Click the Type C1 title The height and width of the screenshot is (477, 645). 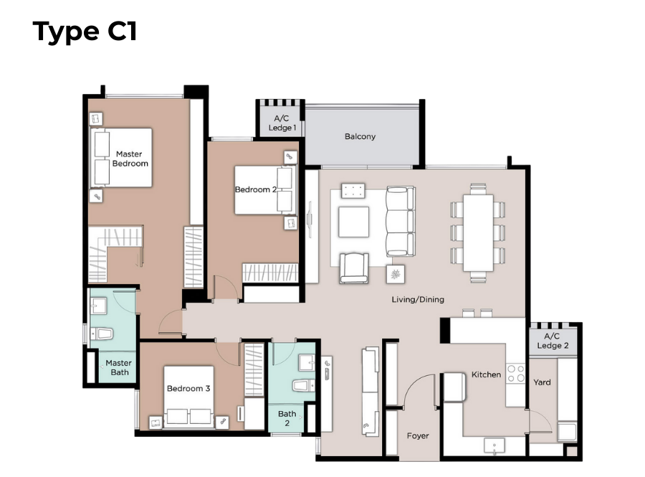coord(85,32)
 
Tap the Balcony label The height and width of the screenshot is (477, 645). coord(360,136)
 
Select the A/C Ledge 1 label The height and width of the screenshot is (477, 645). coord(282,123)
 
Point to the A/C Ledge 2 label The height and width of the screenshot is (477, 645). coord(553,341)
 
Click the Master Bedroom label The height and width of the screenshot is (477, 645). coord(130,159)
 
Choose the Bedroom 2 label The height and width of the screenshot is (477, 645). coord(255,189)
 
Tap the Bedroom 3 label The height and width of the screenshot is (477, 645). coord(188,388)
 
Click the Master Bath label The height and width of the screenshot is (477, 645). coord(119,367)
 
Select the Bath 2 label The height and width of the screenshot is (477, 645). coord(287,418)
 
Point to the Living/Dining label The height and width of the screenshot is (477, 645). coord(418,299)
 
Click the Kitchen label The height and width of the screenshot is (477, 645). coord(486,374)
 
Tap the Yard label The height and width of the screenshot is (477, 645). coord(542,382)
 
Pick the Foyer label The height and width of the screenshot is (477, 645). coord(418,435)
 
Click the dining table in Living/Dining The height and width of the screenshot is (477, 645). coord(478,233)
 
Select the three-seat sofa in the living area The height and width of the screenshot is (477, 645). coord(400,222)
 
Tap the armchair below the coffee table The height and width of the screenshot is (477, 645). coord(354,268)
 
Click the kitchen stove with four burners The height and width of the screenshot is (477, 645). coord(516,373)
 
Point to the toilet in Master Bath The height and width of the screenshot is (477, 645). coord(102,334)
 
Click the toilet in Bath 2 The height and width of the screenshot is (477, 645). coord(304,386)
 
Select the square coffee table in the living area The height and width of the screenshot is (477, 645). coord(353,222)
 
